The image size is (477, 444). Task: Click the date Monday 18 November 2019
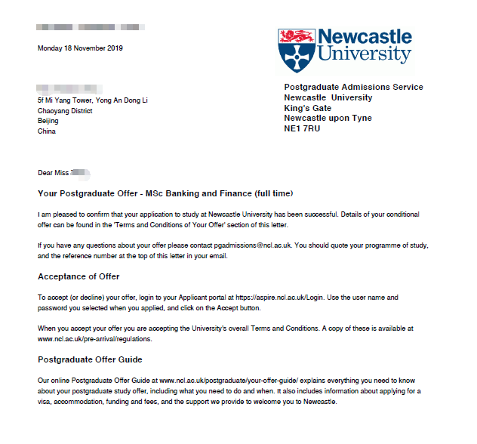point(80,48)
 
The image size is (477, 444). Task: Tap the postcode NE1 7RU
point(303,129)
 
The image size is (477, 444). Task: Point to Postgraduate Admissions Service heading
point(353,88)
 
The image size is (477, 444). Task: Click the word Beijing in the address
point(48,121)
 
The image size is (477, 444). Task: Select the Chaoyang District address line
point(65,111)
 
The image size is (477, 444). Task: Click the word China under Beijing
point(47,131)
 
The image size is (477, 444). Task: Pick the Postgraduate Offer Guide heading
point(90,359)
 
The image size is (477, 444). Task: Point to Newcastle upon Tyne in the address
point(328,119)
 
